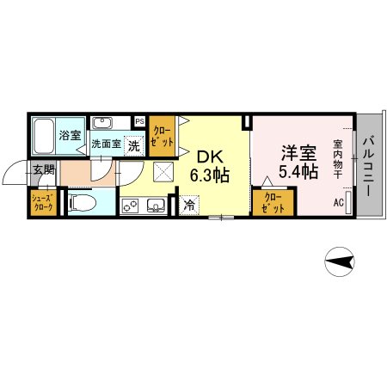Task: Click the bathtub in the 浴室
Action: (x=46, y=136)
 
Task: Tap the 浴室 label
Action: (x=69, y=136)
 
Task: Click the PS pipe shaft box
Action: (x=138, y=121)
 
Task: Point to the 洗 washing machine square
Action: (x=133, y=145)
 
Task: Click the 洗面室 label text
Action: (x=107, y=144)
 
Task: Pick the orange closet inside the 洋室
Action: (x=273, y=202)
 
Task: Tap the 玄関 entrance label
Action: (x=43, y=169)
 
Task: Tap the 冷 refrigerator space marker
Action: (x=189, y=206)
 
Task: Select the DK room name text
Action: (x=210, y=157)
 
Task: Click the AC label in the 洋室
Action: (x=339, y=203)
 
